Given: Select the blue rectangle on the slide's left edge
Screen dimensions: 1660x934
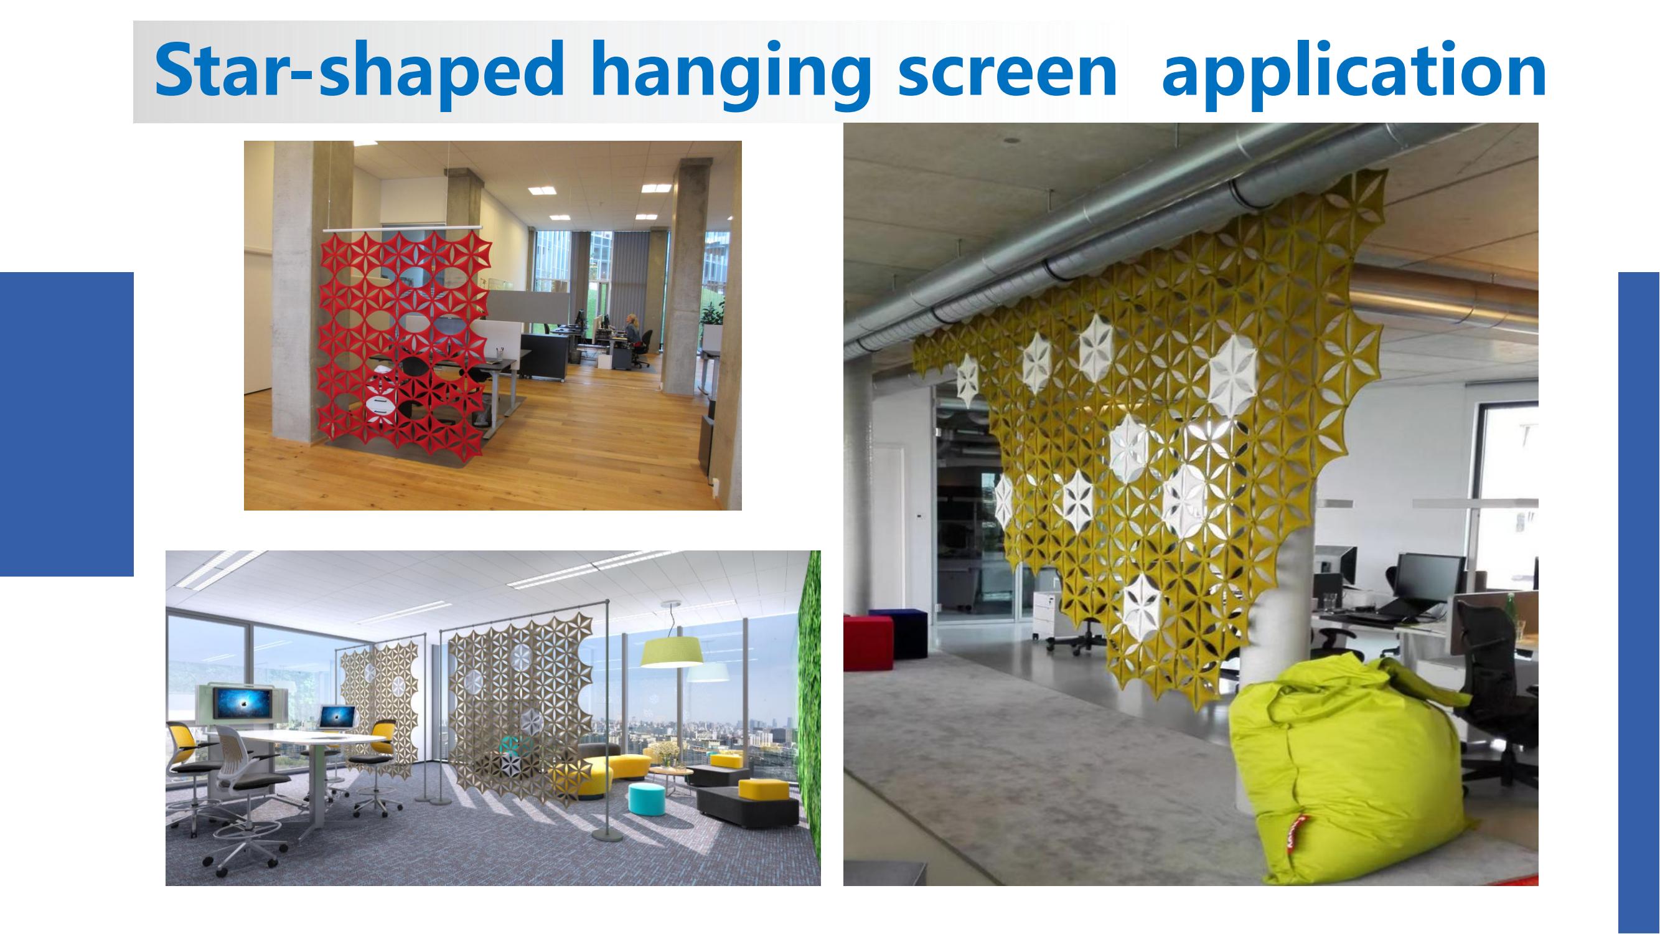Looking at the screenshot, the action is pos(67,423).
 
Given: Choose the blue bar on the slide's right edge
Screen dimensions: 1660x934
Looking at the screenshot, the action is pos(1639,603).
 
